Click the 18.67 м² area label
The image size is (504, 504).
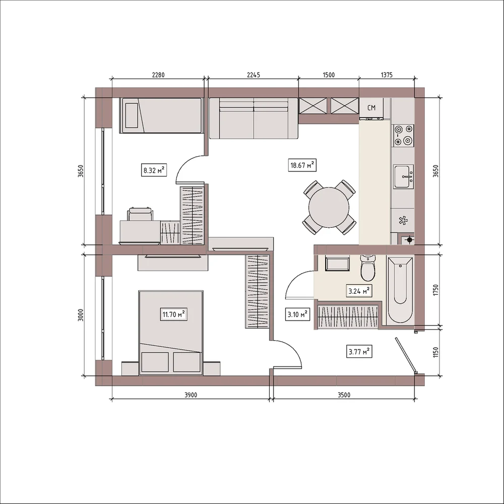tap(301, 165)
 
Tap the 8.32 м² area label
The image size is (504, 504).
tap(154, 170)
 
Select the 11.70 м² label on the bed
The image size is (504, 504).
tap(173, 314)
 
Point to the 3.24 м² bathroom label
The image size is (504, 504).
tap(359, 291)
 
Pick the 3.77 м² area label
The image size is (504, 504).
tap(359, 352)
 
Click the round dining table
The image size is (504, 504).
tap(329, 207)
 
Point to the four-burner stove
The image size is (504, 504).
tap(404, 135)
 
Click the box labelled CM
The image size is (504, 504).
tap(371, 108)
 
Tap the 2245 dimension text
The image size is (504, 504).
tap(254, 75)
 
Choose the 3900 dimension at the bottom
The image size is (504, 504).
tap(191, 395)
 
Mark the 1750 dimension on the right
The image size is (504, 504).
tap(435, 290)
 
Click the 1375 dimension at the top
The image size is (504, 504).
tap(387, 75)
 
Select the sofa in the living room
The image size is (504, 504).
tap(254, 118)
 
